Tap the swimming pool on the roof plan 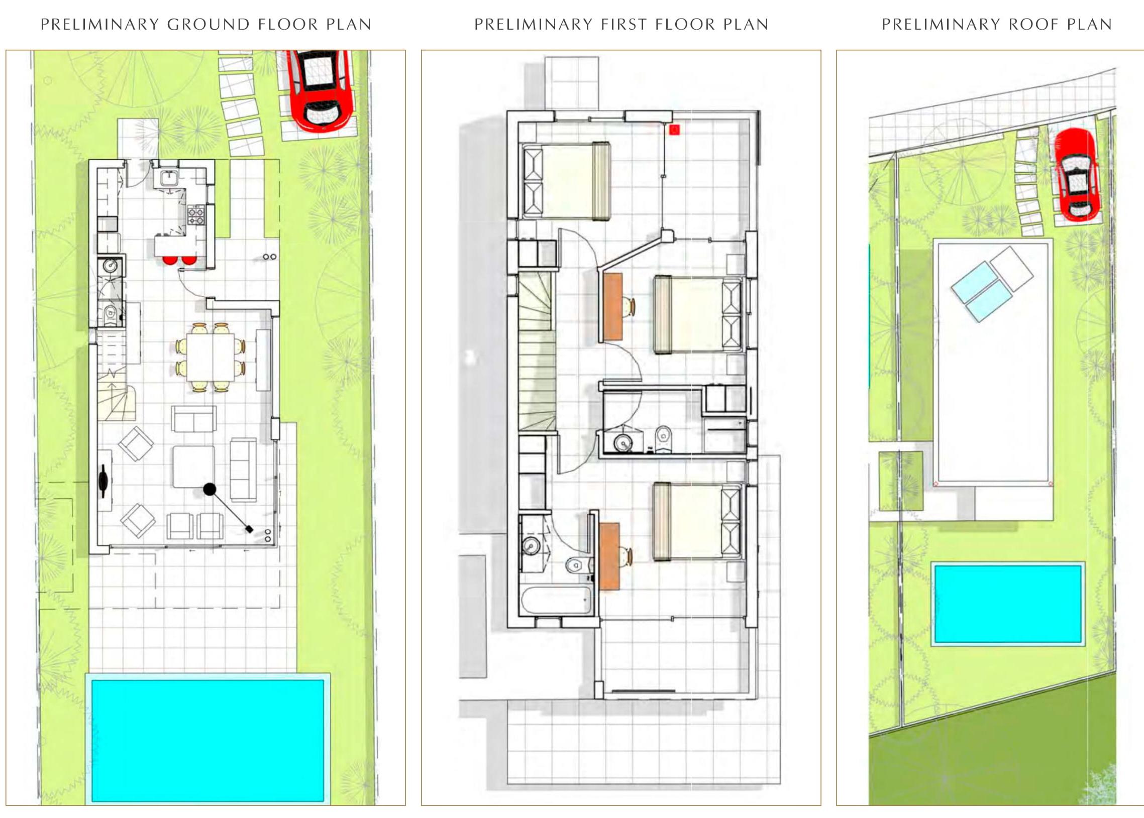pyautogui.click(x=1008, y=605)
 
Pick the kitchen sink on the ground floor pyautogui.click(x=168, y=177)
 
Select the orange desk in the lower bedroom pyautogui.click(x=610, y=555)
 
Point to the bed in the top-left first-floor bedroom pyautogui.click(x=567, y=181)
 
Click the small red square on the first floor pyautogui.click(x=674, y=130)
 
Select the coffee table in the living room pyautogui.click(x=194, y=466)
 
